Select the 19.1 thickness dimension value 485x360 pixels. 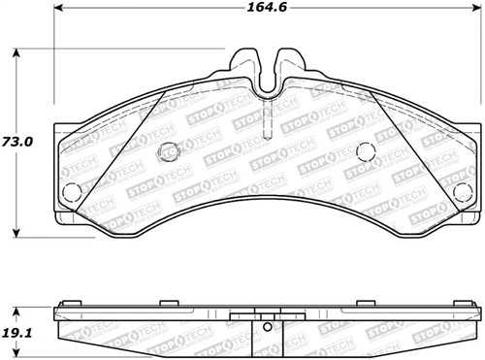coord(17,331)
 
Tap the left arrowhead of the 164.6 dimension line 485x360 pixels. coord(56,23)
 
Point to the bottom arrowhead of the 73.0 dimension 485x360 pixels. coord(17,232)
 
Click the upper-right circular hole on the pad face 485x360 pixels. coord(366,151)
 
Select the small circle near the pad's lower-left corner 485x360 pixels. coord(69,190)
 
